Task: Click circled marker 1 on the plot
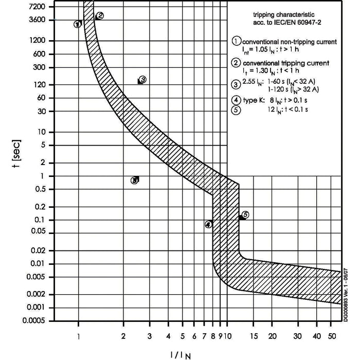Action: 77,24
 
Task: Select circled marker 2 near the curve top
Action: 100,15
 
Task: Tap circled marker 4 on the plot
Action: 208,224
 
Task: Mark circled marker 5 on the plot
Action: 245,214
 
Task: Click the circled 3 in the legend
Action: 236,84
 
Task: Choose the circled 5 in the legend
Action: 236,109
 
